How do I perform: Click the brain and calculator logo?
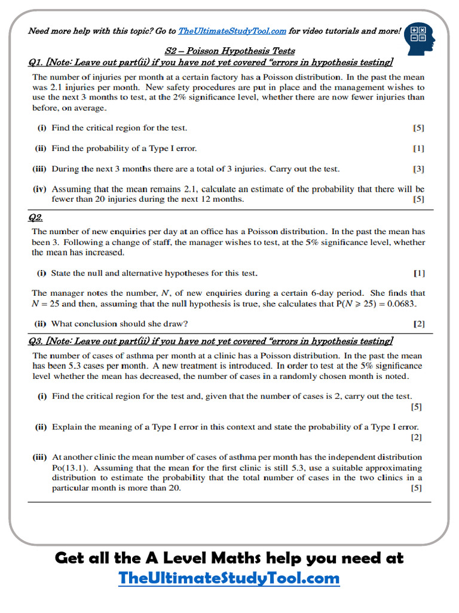[419, 37]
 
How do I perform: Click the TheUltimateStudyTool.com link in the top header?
[232, 31]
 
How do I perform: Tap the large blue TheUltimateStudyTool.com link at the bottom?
[229, 578]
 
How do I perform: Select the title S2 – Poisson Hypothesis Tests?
[229, 51]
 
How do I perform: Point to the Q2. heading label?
[36, 218]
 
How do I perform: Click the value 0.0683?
[401, 304]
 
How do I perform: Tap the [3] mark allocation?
[418, 169]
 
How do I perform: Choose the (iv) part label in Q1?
[40, 189]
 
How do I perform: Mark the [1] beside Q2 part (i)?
[419, 273]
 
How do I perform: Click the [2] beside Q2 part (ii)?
[419, 324]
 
